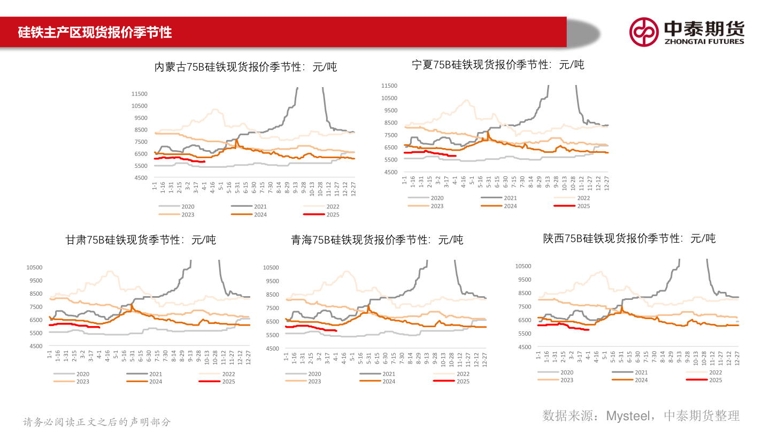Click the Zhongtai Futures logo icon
[x=644, y=32]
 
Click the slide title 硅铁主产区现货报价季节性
[x=95, y=32]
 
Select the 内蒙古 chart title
[x=245, y=67]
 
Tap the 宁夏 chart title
[x=498, y=65]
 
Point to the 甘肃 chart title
[x=141, y=239]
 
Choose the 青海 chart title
[x=377, y=239]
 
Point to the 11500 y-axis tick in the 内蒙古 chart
[x=139, y=94]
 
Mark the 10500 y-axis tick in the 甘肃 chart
[x=34, y=267]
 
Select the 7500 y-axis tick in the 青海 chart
[x=271, y=308]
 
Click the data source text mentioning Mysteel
[x=641, y=415]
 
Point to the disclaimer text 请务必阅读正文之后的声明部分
[x=97, y=422]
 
